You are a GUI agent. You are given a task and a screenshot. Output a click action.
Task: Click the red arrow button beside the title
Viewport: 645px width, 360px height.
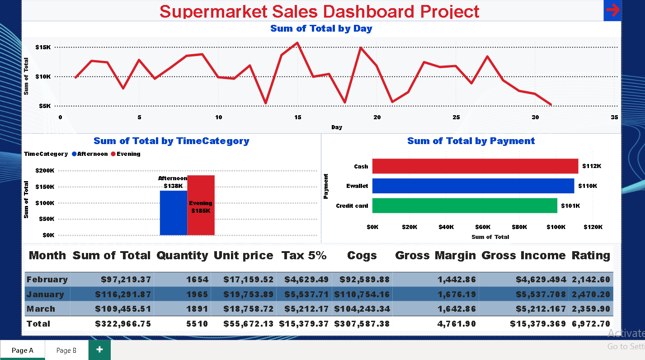point(612,10)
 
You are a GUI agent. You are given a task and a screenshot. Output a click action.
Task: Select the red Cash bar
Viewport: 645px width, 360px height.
point(475,166)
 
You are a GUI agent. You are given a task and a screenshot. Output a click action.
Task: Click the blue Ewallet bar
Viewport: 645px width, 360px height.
point(473,186)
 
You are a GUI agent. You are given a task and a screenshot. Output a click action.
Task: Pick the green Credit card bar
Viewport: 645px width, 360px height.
point(465,206)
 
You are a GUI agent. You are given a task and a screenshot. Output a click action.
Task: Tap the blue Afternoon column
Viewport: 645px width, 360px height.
point(174,213)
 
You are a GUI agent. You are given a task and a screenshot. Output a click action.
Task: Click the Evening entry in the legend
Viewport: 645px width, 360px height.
point(128,154)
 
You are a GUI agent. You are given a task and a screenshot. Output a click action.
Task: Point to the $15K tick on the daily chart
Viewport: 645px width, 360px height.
point(45,47)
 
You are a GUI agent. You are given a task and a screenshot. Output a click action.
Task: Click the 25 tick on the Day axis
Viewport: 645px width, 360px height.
point(456,117)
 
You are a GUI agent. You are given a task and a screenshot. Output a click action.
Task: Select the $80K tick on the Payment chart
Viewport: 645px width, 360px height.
point(519,227)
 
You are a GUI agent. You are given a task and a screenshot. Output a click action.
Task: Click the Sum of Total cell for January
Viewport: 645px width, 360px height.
point(123,295)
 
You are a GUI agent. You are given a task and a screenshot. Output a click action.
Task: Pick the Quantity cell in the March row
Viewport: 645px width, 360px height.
point(197,309)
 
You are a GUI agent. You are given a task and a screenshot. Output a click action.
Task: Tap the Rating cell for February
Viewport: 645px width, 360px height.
point(591,280)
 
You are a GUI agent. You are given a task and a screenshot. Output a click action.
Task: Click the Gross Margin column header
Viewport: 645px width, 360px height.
point(435,256)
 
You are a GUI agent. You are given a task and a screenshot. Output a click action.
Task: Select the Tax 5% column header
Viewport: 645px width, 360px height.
point(304,256)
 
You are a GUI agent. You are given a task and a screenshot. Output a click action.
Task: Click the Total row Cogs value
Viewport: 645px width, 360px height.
point(362,324)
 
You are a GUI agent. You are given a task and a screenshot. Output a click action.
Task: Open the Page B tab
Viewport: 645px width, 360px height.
point(66,350)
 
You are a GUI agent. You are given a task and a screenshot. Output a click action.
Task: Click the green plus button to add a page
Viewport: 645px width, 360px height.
point(99,350)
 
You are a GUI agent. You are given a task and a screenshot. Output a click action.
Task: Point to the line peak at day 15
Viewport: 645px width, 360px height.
point(297,43)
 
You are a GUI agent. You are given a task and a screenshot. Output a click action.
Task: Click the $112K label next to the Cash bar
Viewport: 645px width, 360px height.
point(592,166)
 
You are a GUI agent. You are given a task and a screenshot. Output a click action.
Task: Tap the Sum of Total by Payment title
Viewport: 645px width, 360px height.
point(471,141)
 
